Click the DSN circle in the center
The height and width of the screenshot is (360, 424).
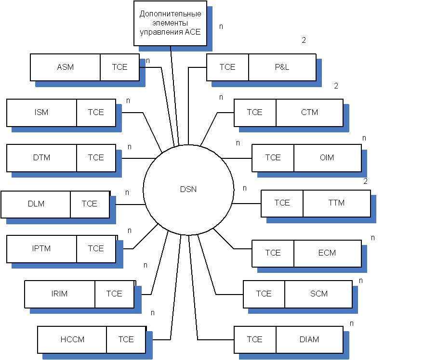188,189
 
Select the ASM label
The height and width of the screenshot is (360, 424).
65,67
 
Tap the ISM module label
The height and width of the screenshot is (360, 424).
41,112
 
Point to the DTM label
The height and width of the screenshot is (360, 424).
41,157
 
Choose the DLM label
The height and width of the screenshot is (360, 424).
36,204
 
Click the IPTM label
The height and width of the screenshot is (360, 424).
41,248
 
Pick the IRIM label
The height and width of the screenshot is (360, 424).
60,294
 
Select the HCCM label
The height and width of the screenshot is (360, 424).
72,339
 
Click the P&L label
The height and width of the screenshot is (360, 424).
282,67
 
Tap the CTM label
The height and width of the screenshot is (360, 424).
309,112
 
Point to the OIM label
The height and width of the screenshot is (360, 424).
327,157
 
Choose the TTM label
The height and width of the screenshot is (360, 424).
336,203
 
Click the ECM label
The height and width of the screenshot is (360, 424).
327,253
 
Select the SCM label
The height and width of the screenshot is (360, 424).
318,294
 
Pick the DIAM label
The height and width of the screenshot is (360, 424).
309,339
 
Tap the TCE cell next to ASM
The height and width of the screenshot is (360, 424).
119,67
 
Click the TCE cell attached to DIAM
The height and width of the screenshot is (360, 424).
254,339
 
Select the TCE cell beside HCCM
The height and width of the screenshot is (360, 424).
126,339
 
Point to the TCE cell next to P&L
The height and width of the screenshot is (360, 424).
227,67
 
